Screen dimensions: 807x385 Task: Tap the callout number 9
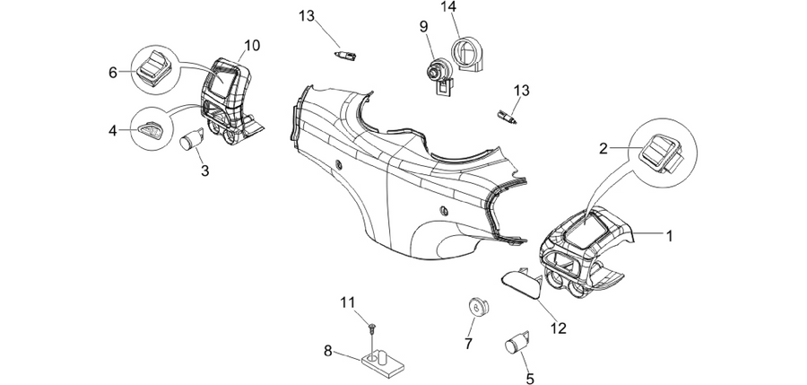[423, 26]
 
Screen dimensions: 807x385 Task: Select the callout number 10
[252, 46]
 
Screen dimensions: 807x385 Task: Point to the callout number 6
[113, 73]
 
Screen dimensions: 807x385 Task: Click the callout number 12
[559, 328]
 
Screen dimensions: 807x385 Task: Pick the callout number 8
[328, 352]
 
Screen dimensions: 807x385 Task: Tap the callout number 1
[670, 236]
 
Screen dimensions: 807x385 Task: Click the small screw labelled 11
[371, 327]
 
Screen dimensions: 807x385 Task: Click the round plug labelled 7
[478, 308]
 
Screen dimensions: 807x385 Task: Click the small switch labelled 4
[150, 129]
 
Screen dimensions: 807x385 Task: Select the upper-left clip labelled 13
[346, 54]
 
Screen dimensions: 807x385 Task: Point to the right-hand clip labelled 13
[507, 116]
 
